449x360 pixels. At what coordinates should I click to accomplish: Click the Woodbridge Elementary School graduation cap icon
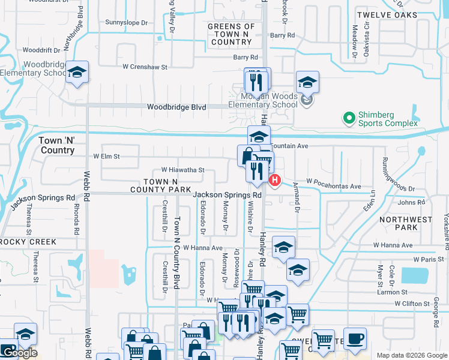(x=77, y=73)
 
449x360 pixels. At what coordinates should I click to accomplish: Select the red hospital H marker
(x=275, y=179)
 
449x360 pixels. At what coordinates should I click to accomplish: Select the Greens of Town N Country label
(x=231, y=34)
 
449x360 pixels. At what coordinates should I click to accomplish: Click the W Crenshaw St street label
(x=145, y=67)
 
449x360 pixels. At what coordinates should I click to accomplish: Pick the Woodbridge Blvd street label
(x=176, y=107)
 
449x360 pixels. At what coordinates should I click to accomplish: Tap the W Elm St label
(x=106, y=157)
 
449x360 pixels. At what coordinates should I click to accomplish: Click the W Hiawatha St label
(x=182, y=170)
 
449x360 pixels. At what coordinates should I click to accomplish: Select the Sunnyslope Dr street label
(x=126, y=23)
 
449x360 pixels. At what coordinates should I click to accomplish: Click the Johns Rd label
(x=411, y=203)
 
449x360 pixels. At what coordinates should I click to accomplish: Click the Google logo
(x=19, y=353)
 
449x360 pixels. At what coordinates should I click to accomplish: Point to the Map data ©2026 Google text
(x=411, y=355)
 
